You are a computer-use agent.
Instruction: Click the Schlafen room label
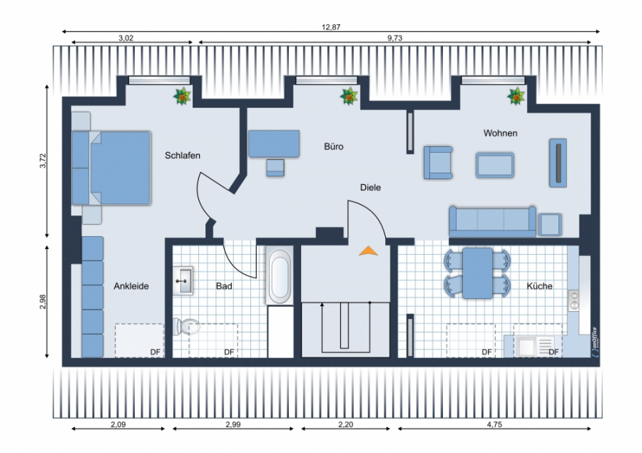[183, 156]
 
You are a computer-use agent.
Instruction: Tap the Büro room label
[334, 146]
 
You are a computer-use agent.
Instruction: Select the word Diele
[370, 187]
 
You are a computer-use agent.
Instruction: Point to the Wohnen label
[500, 133]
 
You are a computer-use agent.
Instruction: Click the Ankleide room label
[131, 286]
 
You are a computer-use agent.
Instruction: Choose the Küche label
[540, 286]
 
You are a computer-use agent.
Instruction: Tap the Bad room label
[224, 286]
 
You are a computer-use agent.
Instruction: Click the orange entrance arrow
[368, 250]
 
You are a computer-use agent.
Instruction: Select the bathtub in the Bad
[280, 275]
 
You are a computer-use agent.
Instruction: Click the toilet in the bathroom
[186, 327]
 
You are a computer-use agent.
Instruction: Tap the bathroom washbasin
[183, 280]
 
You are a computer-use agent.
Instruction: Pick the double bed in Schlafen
[111, 168]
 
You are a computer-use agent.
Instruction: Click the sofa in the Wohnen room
[492, 221]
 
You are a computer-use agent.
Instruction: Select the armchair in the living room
[438, 163]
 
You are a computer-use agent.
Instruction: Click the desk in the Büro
[274, 143]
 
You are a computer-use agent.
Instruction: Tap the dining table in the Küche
[477, 273]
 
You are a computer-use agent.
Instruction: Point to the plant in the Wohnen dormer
[516, 96]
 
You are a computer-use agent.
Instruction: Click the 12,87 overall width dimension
[331, 27]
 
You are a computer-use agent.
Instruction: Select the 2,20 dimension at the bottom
[345, 424]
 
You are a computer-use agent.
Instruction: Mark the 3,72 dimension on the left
[44, 161]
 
